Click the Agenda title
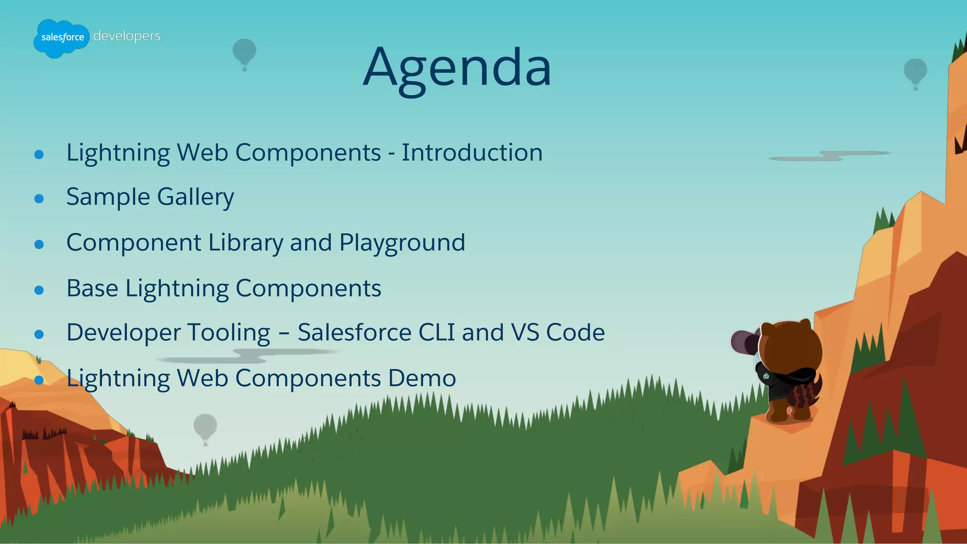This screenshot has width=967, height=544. pos(457,68)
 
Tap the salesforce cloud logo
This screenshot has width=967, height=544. pos(61,38)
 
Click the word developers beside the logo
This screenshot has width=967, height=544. pos(127,36)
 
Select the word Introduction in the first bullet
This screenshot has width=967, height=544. pos(472,153)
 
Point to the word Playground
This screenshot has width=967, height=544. pos(402,243)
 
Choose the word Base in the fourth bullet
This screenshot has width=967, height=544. pos(92,288)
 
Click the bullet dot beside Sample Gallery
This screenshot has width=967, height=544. pos(39,199)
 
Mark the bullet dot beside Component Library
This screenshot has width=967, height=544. pos(39,244)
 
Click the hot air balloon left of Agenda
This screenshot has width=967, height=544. pos(244,52)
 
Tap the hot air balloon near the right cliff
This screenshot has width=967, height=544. pos(915,71)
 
